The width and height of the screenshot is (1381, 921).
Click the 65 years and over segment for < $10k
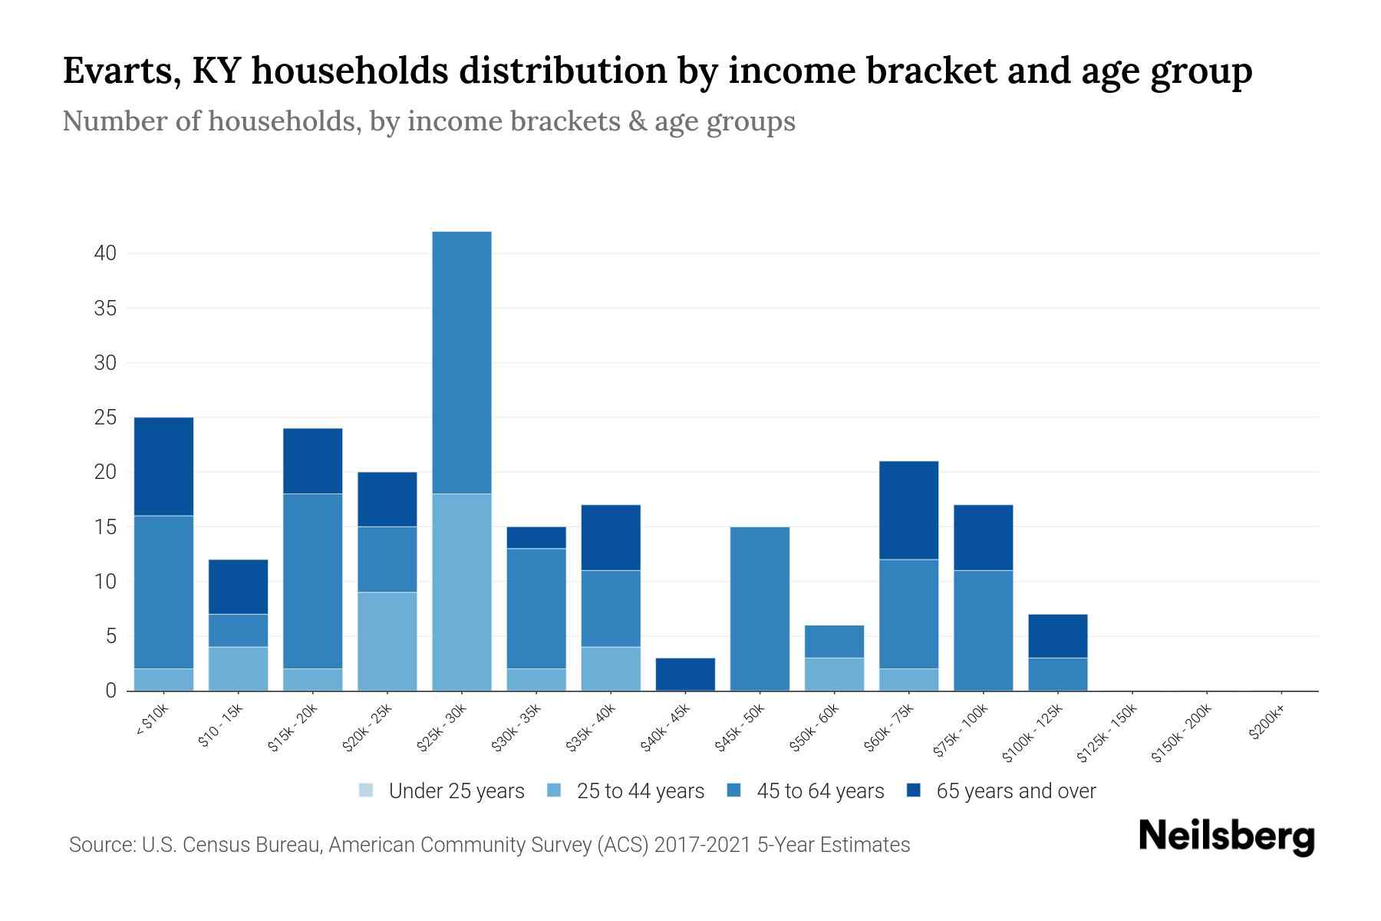[163, 467]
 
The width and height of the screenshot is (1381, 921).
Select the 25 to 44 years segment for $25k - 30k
[461, 592]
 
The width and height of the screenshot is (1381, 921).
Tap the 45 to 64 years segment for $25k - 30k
[461, 362]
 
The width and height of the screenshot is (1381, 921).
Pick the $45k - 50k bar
[760, 609]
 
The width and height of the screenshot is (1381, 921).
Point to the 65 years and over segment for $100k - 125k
[1057, 635]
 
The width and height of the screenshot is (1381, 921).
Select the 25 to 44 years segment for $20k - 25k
[387, 641]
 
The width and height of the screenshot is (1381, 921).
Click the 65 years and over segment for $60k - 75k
[908, 510]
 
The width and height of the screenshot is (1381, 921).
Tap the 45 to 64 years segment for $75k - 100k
[983, 630]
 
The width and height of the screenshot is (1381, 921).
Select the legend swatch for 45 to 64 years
[733, 791]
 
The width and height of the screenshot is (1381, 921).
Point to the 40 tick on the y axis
[105, 253]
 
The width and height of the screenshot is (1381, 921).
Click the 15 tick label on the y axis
[105, 527]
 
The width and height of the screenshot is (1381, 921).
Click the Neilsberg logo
[1226, 837]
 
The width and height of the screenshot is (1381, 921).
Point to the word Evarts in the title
[120, 71]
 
